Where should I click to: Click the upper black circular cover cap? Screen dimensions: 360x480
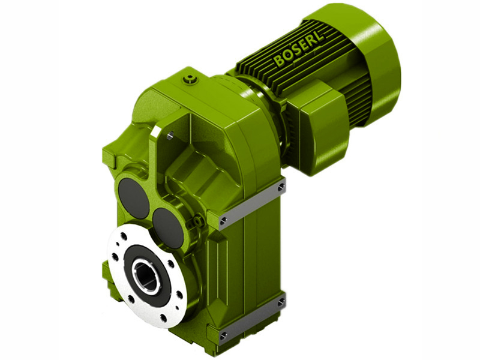(x=133, y=198)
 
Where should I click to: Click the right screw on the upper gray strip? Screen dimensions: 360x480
(x=281, y=188)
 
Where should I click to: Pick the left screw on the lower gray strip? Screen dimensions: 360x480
(x=223, y=334)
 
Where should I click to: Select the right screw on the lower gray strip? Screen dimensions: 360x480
(x=280, y=302)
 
